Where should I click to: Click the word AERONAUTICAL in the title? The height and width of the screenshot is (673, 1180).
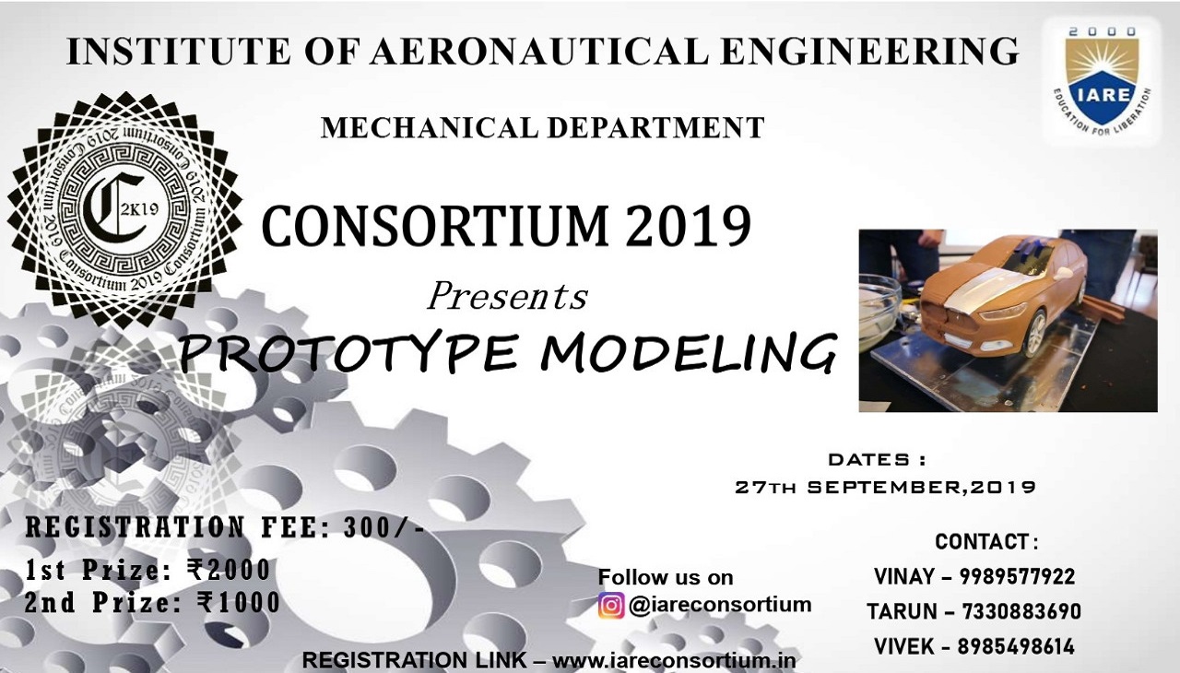click(x=539, y=51)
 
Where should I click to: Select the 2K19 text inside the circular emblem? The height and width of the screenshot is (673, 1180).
click(x=139, y=209)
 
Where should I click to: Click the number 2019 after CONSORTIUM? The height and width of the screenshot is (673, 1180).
click(x=688, y=226)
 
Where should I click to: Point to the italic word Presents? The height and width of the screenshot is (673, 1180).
click(x=508, y=297)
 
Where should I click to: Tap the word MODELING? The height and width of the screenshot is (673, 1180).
click(x=689, y=352)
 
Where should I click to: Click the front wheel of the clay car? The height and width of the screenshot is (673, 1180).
click(x=1033, y=335)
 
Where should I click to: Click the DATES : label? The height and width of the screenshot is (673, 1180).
click(x=877, y=460)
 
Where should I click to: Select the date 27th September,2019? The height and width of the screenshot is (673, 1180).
click(x=886, y=487)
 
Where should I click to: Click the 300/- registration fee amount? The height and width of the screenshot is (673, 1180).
click(x=383, y=527)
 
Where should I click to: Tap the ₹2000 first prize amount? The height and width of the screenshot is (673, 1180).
click(x=228, y=570)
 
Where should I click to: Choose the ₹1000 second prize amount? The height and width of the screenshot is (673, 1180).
click(x=239, y=603)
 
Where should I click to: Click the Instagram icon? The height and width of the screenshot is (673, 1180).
click(x=611, y=606)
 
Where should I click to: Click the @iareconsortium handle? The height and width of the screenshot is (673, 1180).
click(x=720, y=605)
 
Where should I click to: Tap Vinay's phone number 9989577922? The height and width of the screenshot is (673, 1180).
click(x=1017, y=576)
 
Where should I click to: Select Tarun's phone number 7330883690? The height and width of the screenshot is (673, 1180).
click(x=1021, y=611)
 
